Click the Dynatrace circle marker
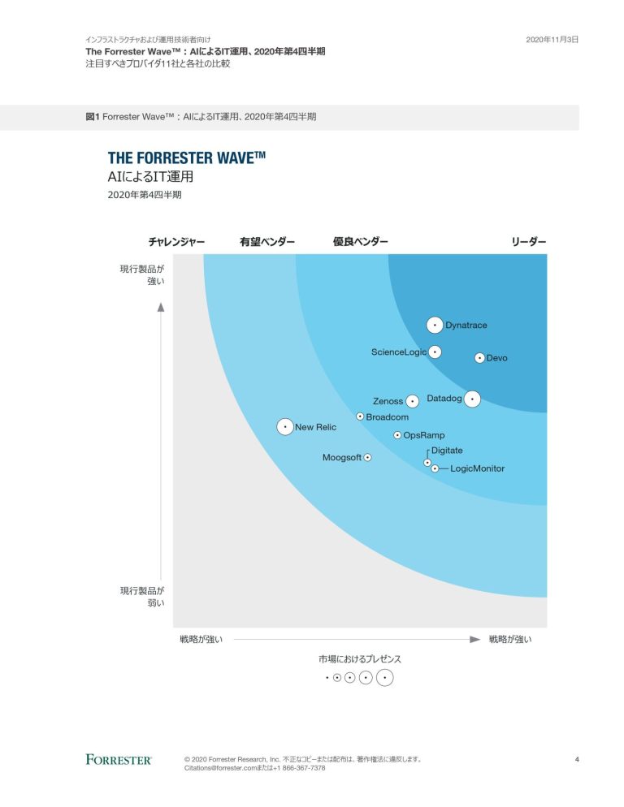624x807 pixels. pyautogui.click(x=435, y=325)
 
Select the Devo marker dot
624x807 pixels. pyautogui.click(x=479, y=357)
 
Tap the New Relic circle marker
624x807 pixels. pyautogui.click(x=284, y=426)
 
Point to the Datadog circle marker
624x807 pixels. pyautogui.click(x=472, y=399)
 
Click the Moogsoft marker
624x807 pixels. pyautogui.click(x=367, y=458)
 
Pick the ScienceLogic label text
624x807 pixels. pyautogui.click(x=398, y=352)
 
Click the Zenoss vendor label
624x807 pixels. pyautogui.click(x=388, y=401)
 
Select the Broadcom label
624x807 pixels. pyautogui.click(x=387, y=416)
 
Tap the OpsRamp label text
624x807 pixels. pyautogui.click(x=424, y=435)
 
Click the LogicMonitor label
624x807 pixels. pyautogui.click(x=477, y=468)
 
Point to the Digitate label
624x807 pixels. pyautogui.click(x=447, y=451)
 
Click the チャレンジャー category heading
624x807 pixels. pyautogui.click(x=176, y=242)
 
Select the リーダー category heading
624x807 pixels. pyautogui.click(x=529, y=242)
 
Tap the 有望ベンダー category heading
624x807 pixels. pyautogui.click(x=267, y=242)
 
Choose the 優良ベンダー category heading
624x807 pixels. pyautogui.click(x=361, y=242)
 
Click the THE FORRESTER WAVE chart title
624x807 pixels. pyautogui.click(x=186, y=158)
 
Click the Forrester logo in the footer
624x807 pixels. pyautogui.click(x=119, y=759)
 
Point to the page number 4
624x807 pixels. pyautogui.click(x=576, y=759)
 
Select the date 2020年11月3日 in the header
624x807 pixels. pyautogui.click(x=552, y=39)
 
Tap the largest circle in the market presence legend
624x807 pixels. pyautogui.click(x=384, y=678)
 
